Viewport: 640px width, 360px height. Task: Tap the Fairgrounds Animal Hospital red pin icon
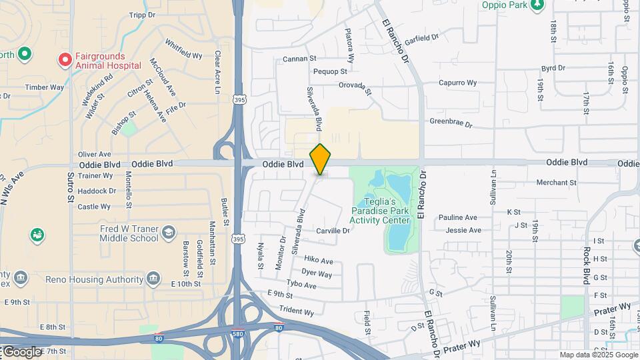[x=65, y=60]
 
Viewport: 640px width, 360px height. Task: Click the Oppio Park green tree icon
[x=537, y=5]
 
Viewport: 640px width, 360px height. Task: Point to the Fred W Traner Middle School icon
[x=168, y=232]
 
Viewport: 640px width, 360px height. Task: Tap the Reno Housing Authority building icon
[x=154, y=277]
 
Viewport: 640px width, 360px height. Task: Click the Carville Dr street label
[x=333, y=231]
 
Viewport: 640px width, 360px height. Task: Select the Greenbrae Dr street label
[x=451, y=123]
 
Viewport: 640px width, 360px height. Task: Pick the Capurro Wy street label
[x=457, y=83]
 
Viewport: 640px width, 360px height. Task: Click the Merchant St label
[x=555, y=182]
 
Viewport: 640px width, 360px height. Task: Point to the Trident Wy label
[x=296, y=311]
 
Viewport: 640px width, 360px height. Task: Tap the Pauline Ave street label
[x=458, y=217]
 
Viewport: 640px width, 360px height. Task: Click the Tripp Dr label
[x=141, y=15]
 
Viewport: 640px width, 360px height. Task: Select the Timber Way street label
[x=45, y=87]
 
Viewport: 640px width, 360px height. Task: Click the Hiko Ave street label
[x=319, y=261]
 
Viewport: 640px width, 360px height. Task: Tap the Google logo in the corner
[x=21, y=351]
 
